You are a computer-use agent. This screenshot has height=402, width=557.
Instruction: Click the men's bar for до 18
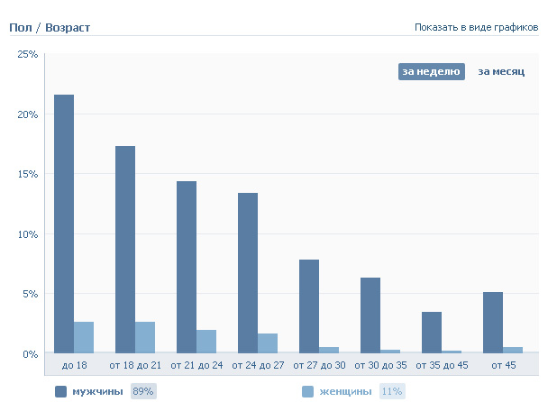pos(64,224)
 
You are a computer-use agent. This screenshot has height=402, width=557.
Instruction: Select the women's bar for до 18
pos(84,337)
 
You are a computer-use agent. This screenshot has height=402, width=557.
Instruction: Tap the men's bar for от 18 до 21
pos(125,249)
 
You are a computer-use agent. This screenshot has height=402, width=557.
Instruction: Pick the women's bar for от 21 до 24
pos(206,341)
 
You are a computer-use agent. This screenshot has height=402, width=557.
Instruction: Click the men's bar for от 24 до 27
pos(248,272)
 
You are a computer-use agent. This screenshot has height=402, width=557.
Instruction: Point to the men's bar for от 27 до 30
pos(309,306)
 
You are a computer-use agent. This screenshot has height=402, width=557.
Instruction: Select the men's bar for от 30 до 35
pos(370,315)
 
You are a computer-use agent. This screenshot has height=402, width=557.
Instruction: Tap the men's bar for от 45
pos(493,322)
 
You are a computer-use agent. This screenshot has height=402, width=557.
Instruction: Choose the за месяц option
pos(501,72)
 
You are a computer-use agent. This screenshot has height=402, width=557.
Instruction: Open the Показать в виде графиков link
pos(476,27)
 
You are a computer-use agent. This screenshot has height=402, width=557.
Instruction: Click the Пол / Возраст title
pos(50,28)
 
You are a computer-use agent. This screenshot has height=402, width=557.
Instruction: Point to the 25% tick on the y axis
pos(28,55)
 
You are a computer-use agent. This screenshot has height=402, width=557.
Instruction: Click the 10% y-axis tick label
pos(28,234)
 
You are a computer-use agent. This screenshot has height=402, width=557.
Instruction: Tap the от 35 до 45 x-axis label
pos(441,365)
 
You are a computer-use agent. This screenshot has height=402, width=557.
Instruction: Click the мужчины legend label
pos(96,391)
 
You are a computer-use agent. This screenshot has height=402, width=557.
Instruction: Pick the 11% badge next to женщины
pos(392,391)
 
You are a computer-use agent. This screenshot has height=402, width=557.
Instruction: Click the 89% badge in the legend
pos(143,391)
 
